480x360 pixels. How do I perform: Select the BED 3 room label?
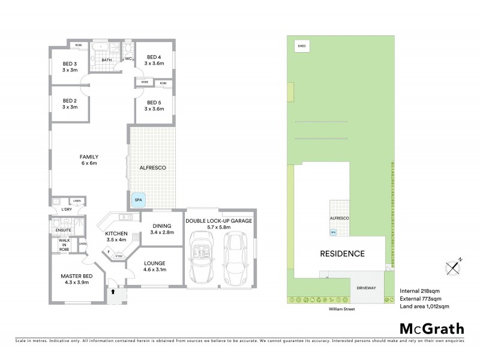click(x=71, y=67)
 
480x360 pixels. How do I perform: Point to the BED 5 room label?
click(x=154, y=105)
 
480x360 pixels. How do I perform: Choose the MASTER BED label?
click(x=75, y=280)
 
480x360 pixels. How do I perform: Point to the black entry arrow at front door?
click(x=113, y=292)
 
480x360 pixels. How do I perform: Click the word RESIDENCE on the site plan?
click(x=341, y=253)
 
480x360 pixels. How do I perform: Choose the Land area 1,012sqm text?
click(x=424, y=307)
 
